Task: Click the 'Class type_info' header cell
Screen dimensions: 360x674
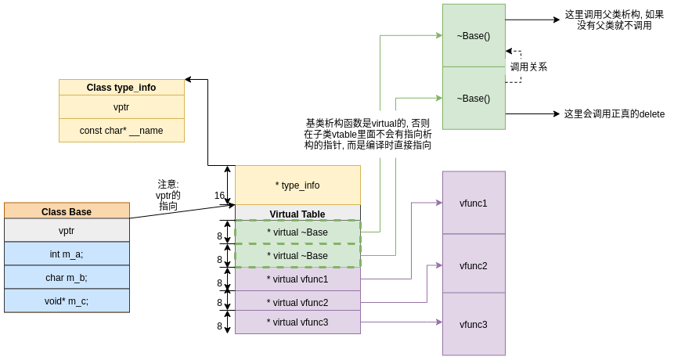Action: [x=121, y=88]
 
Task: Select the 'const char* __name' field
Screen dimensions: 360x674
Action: [x=121, y=131]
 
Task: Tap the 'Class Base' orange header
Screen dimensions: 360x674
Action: [x=67, y=211]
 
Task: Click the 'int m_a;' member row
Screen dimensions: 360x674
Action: [x=67, y=254]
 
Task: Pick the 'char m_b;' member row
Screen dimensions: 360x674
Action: [x=67, y=277]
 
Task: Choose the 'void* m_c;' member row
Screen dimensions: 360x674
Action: [x=67, y=301]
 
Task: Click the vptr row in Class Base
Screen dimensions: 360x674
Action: [x=67, y=230]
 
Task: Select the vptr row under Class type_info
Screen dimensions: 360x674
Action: [x=121, y=107]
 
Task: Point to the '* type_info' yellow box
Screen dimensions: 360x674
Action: [x=297, y=185]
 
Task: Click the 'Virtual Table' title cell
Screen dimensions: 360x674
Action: [x=297, y=214]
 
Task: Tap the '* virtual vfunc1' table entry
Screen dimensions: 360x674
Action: [x=297, y=279]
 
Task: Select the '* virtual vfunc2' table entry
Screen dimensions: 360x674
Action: [x=297, y=302]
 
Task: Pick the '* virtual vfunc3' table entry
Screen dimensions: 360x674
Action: [x=297, y=322]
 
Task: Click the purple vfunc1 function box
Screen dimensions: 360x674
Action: [x=474, y=203]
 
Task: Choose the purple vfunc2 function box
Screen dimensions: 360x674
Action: [x=474, y=265]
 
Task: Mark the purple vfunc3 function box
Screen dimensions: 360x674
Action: [x=474, y=324]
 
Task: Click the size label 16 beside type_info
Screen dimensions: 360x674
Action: [x=220, y=196]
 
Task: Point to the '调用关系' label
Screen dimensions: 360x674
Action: [x=528, y=67]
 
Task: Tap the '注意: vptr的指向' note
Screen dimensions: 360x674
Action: [x=168, y=195]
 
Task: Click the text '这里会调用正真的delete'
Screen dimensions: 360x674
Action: [x=614, y=114]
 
